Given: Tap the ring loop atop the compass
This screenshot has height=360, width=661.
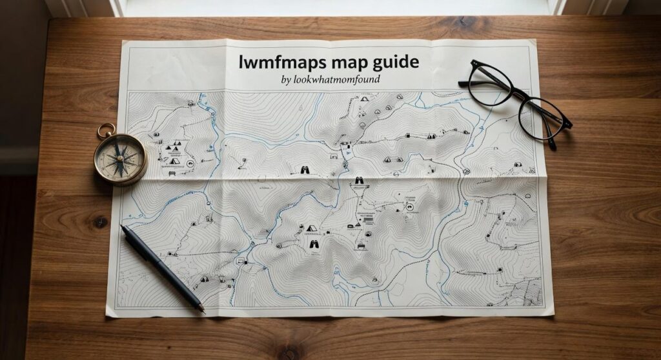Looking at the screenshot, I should point(106,131).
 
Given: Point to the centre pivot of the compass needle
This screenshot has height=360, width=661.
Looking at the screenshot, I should point(120,157).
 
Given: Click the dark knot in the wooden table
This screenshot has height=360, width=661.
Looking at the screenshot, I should point(100,221).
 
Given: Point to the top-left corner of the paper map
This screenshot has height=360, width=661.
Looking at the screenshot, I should point(123,41).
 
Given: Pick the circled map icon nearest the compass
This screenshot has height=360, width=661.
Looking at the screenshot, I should point(190,164).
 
